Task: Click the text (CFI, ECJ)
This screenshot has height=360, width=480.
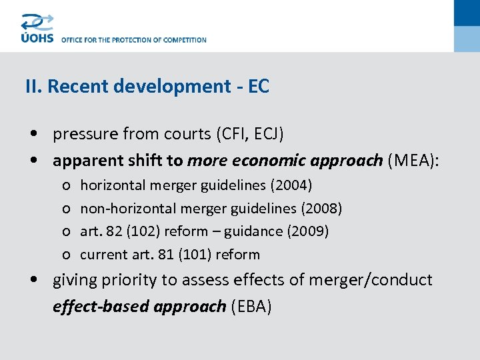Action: pyautogui.click(x=249, y=134)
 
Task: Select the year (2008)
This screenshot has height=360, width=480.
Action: pyautogui.click(x=321, y=209)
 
